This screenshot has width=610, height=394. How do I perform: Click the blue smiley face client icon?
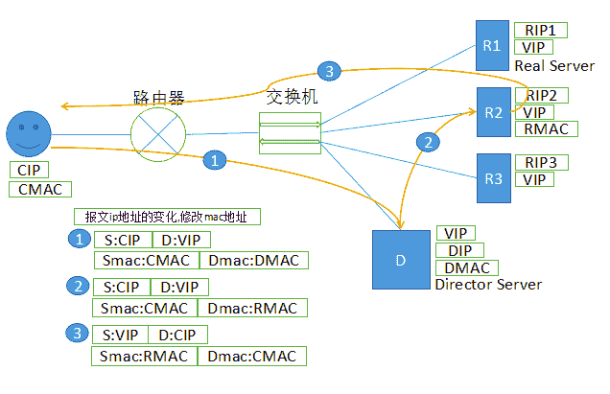click(x=30, y=134)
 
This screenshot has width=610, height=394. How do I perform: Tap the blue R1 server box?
click(x=493, y=45)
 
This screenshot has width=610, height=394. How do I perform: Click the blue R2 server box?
click(x=493, y=112)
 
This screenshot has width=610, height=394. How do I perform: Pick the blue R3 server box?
click(x=493, y=177)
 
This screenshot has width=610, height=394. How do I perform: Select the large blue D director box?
click(x=401, y=260)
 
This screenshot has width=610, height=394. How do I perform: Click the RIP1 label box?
click(x=541, y=30)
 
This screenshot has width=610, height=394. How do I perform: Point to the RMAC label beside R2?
click(x=546, y=128)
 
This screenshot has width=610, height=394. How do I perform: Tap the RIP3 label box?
click(x=541, y=161)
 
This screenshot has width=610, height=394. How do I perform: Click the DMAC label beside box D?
click(x=467, y=267)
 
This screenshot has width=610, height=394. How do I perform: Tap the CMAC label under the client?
click(x=41, y=190)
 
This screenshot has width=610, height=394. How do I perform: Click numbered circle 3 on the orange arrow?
click(x=327, y=71)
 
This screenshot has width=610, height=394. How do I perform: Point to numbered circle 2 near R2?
click(x=429, y=141)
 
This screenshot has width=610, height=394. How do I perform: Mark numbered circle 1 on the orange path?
click(x=218, y=160)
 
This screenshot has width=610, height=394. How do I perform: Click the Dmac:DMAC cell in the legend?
click(x=253, y=260)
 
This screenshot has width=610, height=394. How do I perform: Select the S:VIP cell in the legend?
click(x=120, y=335)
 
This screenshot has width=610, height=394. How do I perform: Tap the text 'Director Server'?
click(x=488, y=285)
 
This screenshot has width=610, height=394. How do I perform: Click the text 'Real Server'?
click(x=553, y=65)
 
